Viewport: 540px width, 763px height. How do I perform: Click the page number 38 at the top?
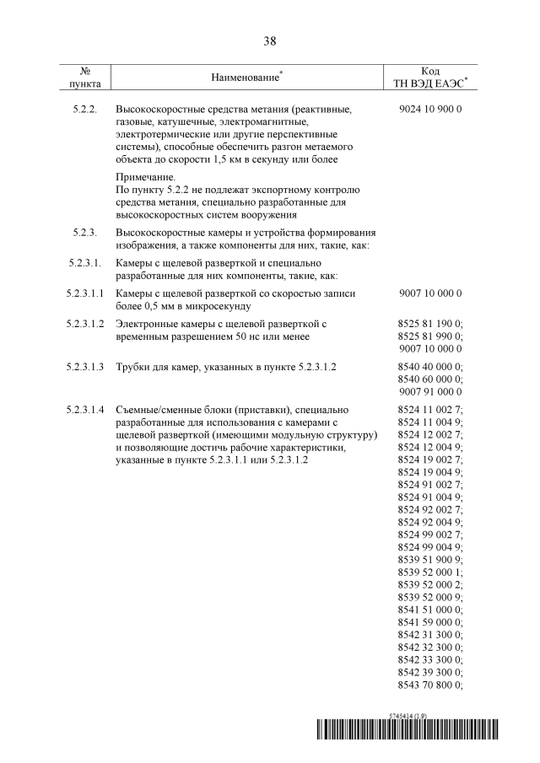[x=270, y=40]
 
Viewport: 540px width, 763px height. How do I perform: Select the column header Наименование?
[x=246, y=78]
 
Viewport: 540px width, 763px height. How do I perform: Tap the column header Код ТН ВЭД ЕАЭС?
[x=429, y=78]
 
